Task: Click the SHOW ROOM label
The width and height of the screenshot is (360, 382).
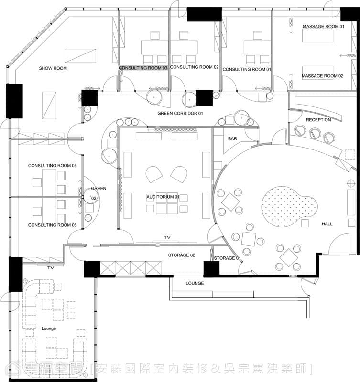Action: [53, 68]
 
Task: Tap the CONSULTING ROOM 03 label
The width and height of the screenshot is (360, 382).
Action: [143, 68]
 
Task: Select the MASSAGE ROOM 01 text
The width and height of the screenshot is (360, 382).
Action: [323, 26]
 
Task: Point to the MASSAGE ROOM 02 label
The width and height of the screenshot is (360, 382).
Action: [322, 76]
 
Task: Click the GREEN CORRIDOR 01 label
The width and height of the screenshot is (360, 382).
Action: [180, 113]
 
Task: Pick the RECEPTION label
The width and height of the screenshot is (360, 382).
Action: [318, 120]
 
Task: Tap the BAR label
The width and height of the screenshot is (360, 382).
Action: [232, 138]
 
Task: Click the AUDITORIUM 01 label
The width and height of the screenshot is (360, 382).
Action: [163, 197]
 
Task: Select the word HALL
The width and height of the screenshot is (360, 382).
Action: [327, 224]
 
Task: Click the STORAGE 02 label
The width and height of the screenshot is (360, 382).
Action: [182, 255]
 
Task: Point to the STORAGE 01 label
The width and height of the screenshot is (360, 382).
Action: [227, 258]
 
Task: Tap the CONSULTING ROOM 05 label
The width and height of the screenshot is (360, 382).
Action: [53, 165]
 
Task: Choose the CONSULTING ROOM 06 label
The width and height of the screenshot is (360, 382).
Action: [53, 225]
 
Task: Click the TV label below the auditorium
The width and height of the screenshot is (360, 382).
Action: [167, 237]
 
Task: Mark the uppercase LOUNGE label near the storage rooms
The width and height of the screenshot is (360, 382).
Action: [195, 283]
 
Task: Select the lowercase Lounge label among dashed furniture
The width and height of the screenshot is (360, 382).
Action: [49, 329]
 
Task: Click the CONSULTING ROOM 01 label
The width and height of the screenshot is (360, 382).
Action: [247, 69]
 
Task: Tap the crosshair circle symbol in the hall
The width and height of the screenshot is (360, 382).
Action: [351, 183]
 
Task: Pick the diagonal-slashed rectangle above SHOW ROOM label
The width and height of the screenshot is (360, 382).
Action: [80, 56]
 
